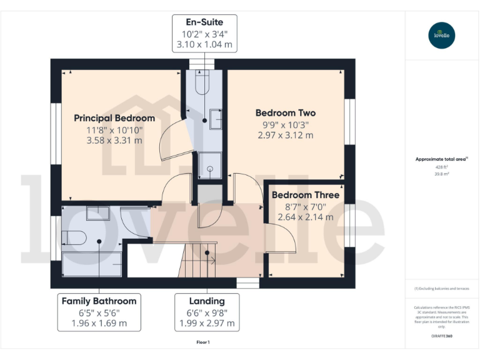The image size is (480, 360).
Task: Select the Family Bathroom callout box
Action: coord(99,312)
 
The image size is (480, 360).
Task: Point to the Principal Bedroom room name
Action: coord(114,118)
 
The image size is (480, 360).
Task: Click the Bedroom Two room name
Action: coord(286,113)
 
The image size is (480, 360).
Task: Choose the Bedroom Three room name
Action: coord(306,195)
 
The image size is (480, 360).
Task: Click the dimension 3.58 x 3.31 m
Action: coord(114,141)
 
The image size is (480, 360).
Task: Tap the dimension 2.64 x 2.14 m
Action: coord(306,217)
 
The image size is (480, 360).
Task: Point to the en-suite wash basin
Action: coord(216,117)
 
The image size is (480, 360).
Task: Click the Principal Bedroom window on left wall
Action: coord(55,134)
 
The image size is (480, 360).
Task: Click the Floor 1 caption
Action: coord(203,342)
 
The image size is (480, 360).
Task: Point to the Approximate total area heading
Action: coord(441,159)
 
